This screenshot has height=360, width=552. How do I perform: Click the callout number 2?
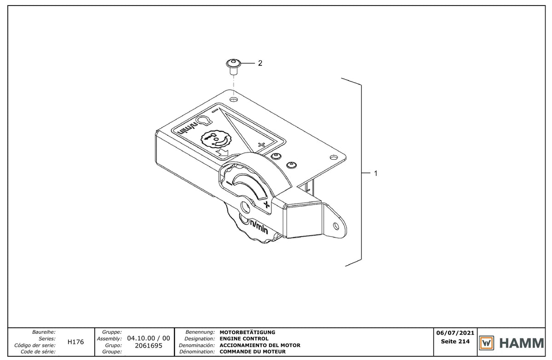click(x=260, y=64)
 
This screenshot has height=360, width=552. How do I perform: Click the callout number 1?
click(x=376, y=174)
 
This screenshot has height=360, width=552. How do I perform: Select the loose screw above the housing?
click(x=233, y=66)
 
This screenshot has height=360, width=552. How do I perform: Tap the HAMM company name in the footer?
click(x=522, y=343)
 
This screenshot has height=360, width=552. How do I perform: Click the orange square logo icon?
click(x=487, y=343)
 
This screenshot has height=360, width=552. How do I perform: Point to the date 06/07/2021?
click(x=455, y=333)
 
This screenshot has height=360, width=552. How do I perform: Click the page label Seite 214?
click(x=455, y=342)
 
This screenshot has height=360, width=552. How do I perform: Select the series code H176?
click(x=75, y=342)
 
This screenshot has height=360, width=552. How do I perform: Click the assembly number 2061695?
click(x=149, y=346)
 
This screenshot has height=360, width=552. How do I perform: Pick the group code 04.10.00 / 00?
click(x=149, y=338)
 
